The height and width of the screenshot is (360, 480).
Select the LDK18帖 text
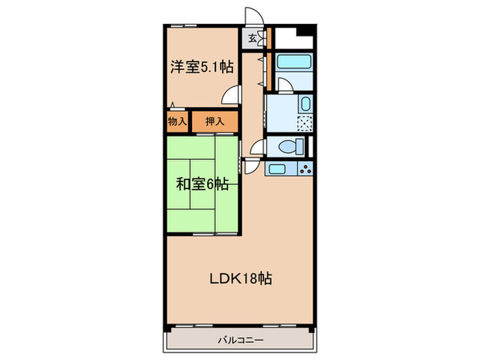(x=241, y=279)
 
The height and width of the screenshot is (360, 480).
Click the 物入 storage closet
(x=177, y=121)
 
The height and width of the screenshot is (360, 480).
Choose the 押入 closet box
(x=215, y=121)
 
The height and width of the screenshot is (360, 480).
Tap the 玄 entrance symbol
(x=253, y=38)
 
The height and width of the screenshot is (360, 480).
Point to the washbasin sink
(x=306, y=104)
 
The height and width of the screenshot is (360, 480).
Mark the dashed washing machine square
(x=303, y=124)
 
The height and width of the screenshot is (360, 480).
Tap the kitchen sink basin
(x=277, y=168)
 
